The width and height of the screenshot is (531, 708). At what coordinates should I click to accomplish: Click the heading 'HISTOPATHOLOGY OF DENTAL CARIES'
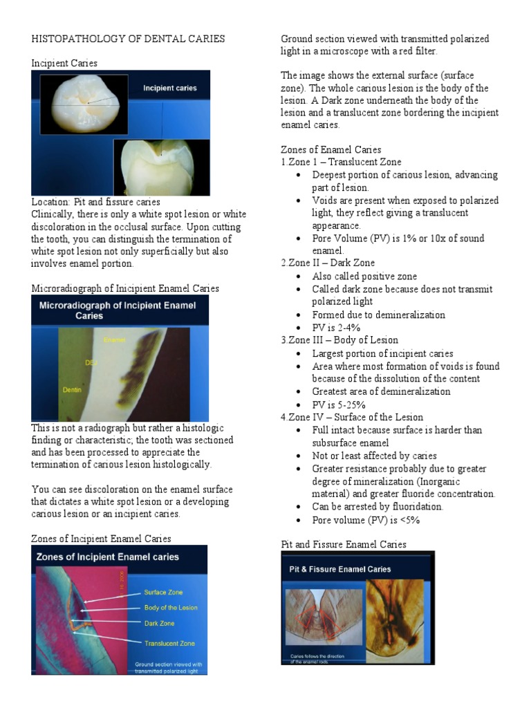(x=128, y=39)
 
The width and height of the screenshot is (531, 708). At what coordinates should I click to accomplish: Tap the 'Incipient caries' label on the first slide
(x=169, y=88)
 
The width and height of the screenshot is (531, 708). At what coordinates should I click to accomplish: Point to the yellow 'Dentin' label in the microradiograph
(x=72, y=389)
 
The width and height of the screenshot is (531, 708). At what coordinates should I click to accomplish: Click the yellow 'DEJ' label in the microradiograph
(x=91, y=362)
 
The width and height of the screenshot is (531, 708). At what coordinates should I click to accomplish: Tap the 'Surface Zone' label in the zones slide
(x=164, y=593)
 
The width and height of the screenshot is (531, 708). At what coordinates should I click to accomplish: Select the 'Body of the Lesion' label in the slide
(x=170, y=608)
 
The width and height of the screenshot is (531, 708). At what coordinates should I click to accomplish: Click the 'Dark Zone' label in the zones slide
(x=159, y=623)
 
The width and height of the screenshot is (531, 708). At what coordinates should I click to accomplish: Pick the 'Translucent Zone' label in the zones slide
(x=169, y=643)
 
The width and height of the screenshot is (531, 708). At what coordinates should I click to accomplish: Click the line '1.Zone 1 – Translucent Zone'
(x=341, y=162)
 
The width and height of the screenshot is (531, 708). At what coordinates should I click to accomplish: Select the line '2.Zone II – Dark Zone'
(x=328, y=263)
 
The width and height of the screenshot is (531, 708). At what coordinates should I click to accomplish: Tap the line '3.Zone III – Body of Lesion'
(x=339, y=340)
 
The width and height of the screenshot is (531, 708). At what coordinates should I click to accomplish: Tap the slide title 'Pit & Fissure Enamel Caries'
(x=339, y=569)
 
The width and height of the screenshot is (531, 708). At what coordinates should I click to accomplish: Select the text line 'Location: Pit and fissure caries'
(x=96, y=202)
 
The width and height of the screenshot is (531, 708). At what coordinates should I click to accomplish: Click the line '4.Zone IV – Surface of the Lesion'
(x=352, y=417)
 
